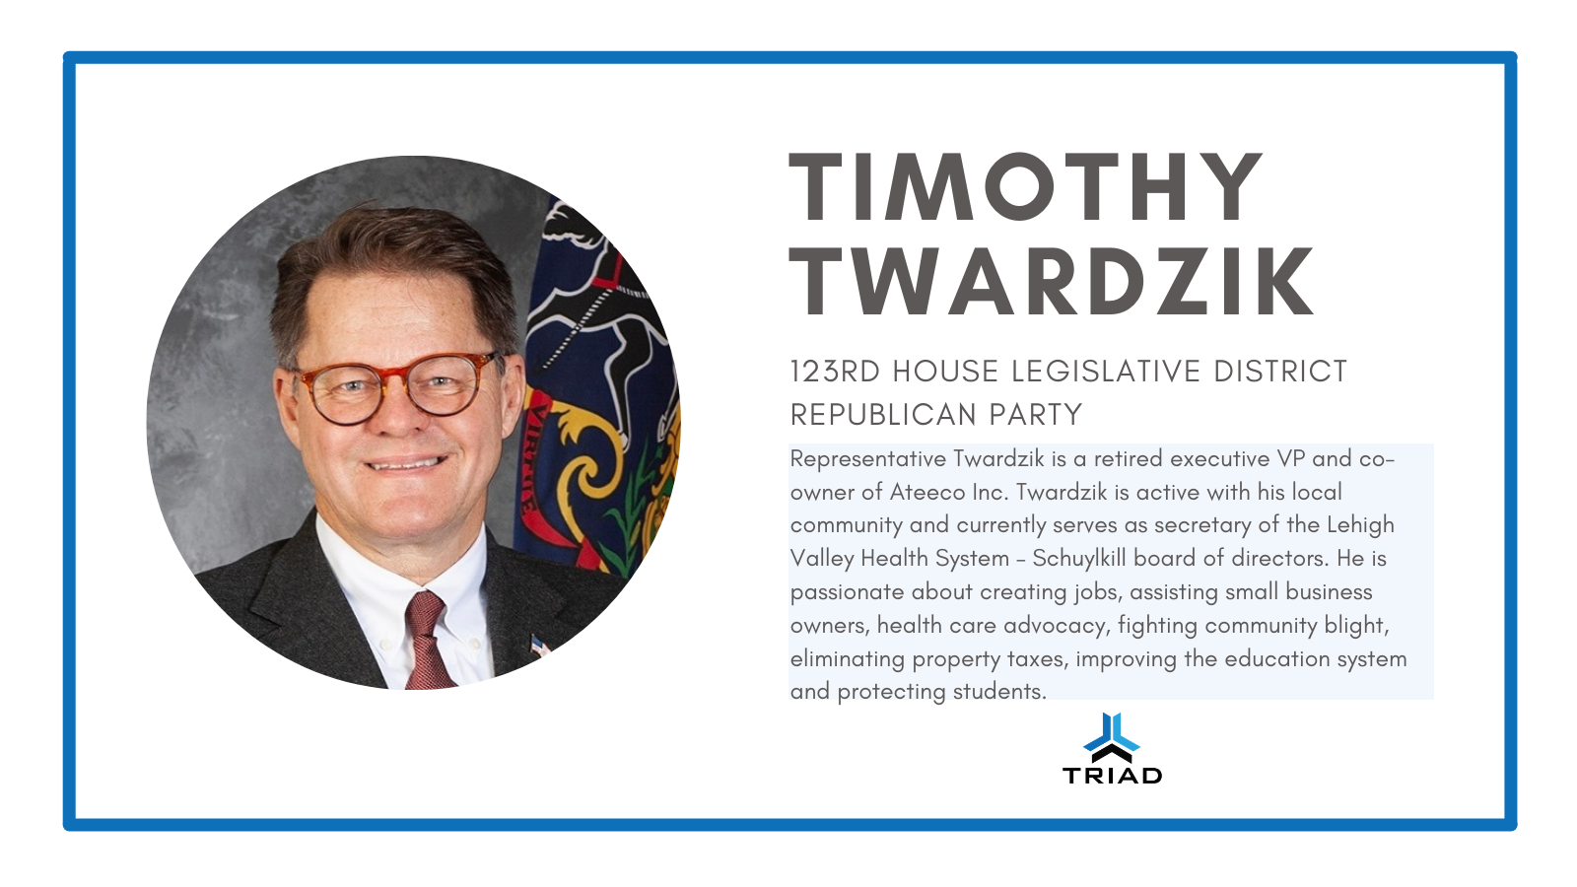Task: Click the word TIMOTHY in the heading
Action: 1025,186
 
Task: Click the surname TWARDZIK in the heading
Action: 1052,282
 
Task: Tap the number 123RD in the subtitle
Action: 835,372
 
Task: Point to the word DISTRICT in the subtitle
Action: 1280,372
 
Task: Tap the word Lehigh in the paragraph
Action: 1360,525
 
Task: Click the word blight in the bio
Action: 1356,626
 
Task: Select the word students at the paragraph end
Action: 999,692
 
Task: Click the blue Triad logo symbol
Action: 1112,737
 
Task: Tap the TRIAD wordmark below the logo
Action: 1113,776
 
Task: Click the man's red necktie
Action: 427,641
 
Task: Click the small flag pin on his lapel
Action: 539,645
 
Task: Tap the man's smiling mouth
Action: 406,463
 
